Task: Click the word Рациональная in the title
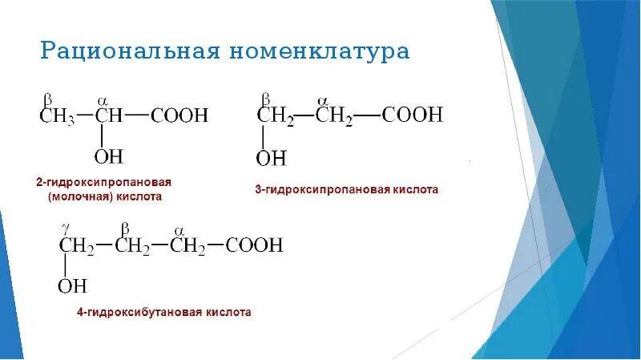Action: pos(129,52)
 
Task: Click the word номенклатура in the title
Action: pos(320,52)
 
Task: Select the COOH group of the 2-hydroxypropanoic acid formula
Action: pos(177,115)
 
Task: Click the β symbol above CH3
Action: pos(47,100)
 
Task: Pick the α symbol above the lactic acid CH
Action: pos(102,100)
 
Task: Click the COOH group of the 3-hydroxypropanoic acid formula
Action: pos(412,115)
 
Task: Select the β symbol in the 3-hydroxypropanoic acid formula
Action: pos(264,99)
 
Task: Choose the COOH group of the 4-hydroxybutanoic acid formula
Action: pos(253,245)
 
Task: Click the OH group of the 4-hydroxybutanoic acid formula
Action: pos(73,285)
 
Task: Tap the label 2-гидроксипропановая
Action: pos(103,182)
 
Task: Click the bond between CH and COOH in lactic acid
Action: pos(136,115)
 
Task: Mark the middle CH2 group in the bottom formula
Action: pos(132,245)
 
